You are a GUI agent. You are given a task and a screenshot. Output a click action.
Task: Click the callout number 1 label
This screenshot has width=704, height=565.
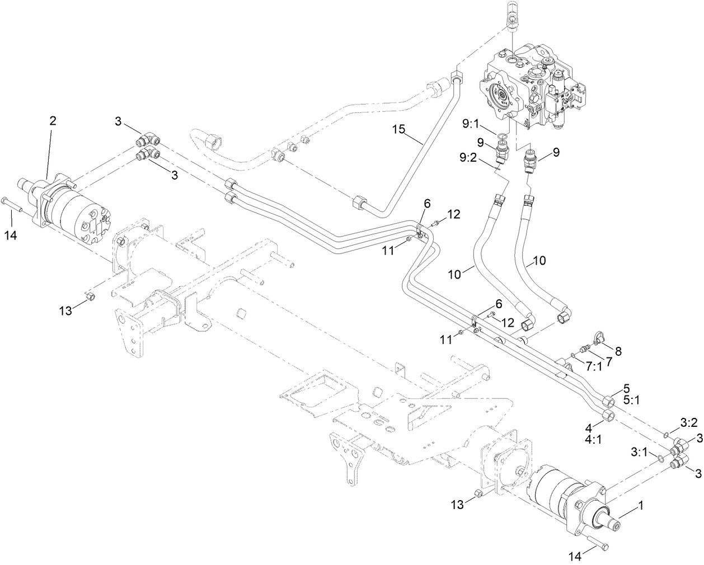coord(641,506)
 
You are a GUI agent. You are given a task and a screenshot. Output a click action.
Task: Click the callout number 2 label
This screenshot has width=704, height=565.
coord(53,120)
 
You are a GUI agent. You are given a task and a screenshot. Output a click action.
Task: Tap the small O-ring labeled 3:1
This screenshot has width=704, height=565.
coord(661,459)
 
